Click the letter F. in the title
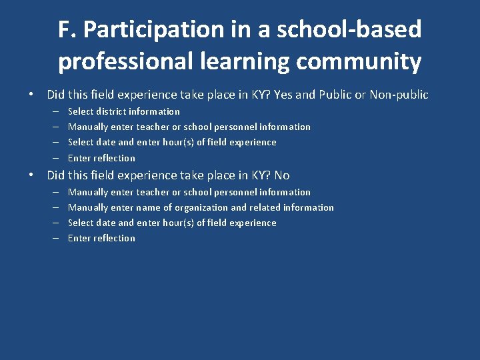pyautogui.click(x=67, y=29)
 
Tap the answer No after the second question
pyautogui.click(x=281, y=175)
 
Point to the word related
pyautogui.click(x=265, y=207)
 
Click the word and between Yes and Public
pyautogui.click(x=305, y=95)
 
